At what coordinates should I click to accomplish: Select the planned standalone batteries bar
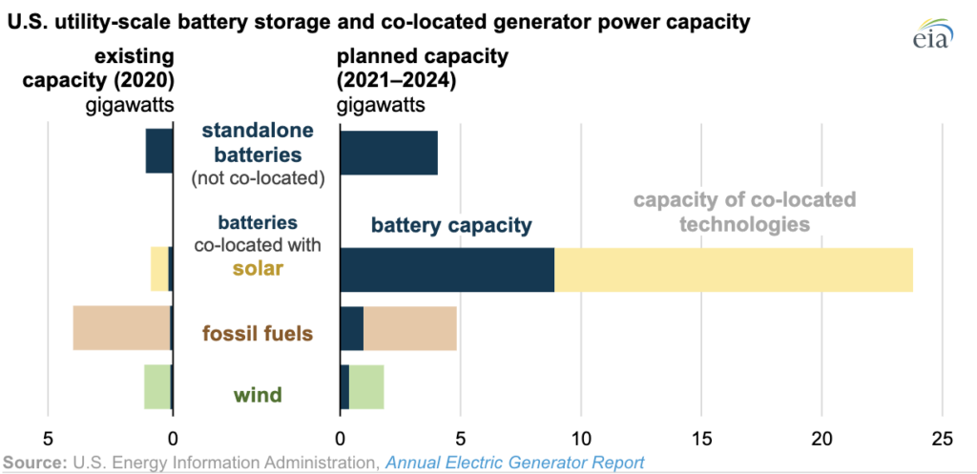388,152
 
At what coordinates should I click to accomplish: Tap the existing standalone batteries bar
158,151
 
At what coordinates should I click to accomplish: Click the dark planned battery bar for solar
447,270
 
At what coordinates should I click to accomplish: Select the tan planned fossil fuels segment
410,329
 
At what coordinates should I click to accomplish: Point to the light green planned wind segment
366,386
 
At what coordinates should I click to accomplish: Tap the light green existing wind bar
156,386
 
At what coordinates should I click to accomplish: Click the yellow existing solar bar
158,269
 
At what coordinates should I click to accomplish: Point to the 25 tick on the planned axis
943,439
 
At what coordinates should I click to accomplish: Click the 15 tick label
701,439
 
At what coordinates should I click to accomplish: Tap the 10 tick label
581,439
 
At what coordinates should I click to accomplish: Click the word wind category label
259,394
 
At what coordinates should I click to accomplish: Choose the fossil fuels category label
258,334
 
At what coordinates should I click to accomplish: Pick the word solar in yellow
258,268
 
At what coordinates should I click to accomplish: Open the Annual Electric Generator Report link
514,462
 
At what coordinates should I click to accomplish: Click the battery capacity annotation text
451,226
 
